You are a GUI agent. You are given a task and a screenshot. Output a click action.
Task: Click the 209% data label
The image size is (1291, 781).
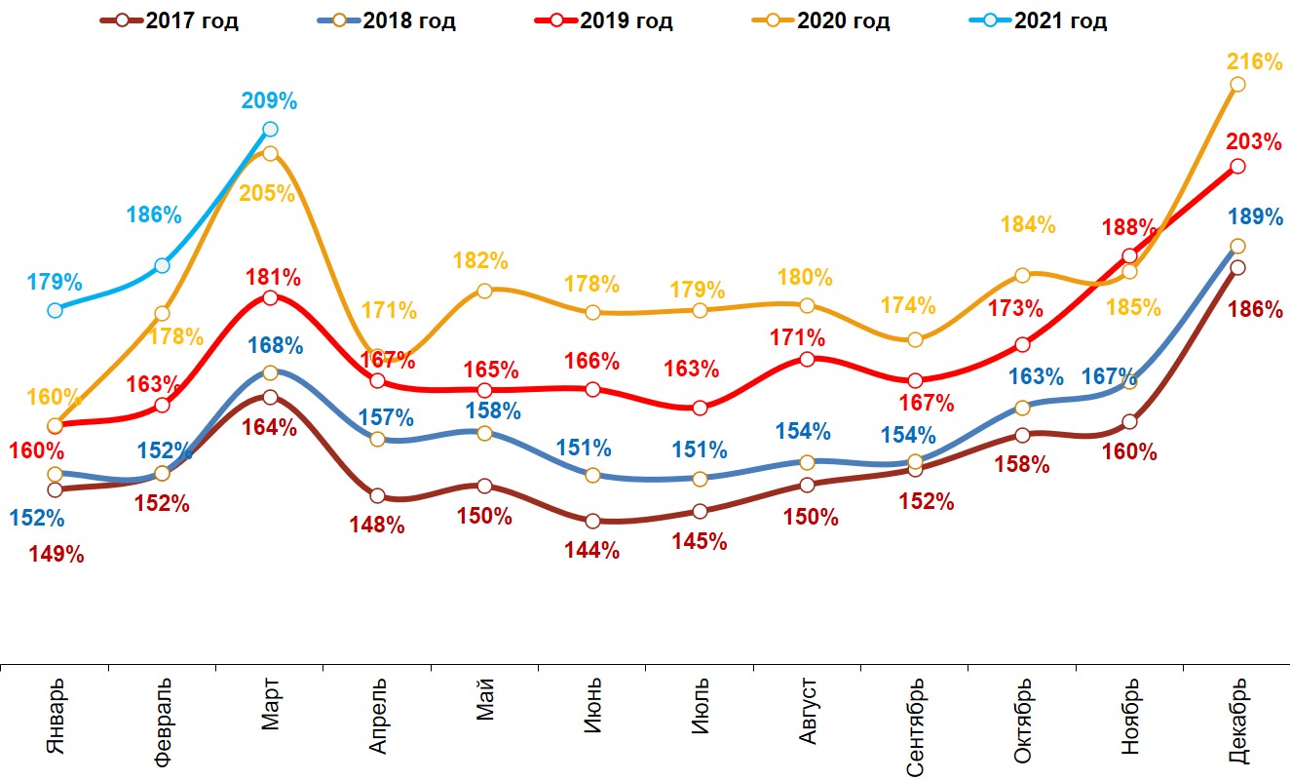pos(270,100)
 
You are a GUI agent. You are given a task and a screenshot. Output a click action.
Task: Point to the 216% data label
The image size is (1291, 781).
pos(1254,61)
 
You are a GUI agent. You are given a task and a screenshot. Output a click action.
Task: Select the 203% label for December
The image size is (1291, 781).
pos(1254,142)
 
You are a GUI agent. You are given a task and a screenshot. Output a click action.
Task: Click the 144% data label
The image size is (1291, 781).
pos(592,550)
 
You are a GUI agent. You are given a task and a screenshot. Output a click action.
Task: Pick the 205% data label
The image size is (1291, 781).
pos(267,193)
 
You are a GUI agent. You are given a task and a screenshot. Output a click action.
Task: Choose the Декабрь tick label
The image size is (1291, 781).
pos(1237,721)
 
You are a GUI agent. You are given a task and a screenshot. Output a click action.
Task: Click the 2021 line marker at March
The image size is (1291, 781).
pos(270,129)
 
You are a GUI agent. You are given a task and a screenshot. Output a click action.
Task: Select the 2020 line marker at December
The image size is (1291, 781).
pos(1237,85)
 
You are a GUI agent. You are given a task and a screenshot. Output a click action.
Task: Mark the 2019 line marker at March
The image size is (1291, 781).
pos(270,297)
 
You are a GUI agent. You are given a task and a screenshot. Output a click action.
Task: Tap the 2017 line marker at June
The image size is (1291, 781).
pos(592,521)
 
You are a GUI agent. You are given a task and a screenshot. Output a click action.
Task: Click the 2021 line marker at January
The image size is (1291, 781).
pos(55,310)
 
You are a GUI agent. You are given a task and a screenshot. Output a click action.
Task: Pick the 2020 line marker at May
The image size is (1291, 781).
pos(484,290)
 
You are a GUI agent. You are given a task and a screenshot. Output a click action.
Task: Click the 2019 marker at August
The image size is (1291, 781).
pos(807,359)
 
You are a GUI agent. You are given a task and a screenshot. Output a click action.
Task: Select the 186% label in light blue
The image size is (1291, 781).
pos(153,215)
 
